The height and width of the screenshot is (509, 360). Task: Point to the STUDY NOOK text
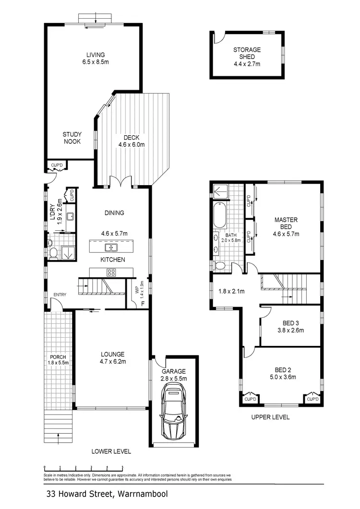point(72,138)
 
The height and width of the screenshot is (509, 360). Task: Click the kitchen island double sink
point(112,248)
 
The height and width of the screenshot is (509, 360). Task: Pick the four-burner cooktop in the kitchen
point(111,272)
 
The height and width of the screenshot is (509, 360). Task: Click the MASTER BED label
point(286,227)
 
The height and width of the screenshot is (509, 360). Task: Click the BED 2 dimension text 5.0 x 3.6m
point(281,377)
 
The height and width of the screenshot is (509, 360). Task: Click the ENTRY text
point(60,295)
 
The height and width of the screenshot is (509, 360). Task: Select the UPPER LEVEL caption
point(271,417)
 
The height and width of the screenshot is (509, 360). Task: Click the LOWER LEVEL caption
point(111,451)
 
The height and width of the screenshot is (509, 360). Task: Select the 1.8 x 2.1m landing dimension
point(231,291)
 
